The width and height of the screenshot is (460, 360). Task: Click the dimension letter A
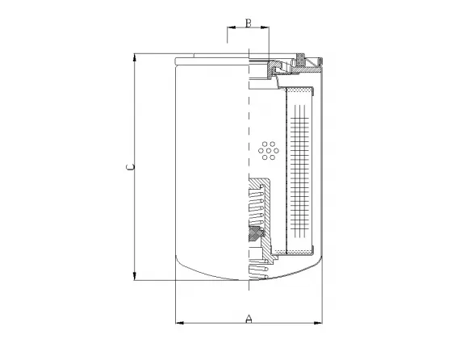coord(249,320)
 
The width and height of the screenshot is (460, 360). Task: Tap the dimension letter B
coord(249,23)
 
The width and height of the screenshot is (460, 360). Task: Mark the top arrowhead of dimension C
coord(135,58)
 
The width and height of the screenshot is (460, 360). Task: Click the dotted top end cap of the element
coord(301,86)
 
